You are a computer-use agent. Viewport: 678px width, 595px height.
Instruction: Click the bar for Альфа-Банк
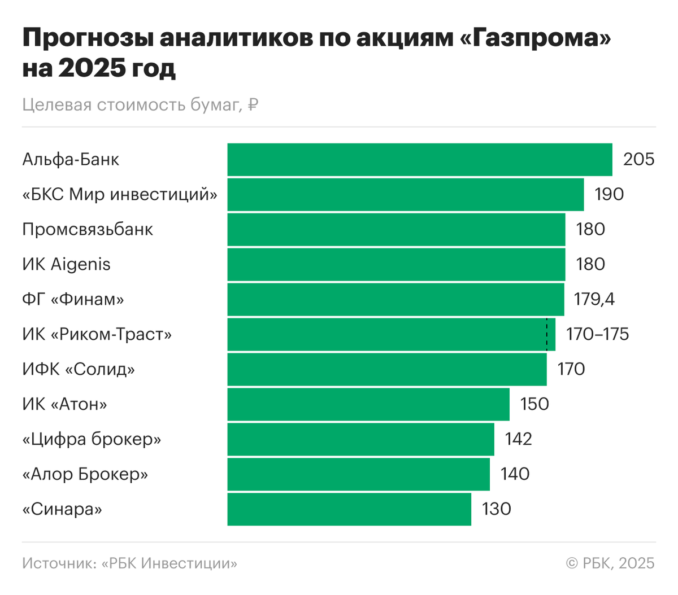[x=420, y=160]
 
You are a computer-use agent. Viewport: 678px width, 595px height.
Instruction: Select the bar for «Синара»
[x=349, y=509]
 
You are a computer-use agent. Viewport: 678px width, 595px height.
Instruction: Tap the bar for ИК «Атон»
[x=368, y=404]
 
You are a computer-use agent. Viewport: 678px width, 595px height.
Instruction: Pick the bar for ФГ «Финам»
[x=395, y=299]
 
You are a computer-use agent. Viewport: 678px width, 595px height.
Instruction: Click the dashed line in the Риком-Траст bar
[x=546, y=334]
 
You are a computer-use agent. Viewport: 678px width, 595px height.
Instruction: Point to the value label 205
[x=638, y=160]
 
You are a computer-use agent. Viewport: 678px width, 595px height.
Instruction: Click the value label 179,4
[x=594, y=299]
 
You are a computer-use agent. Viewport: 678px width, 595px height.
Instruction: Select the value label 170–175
[x=597, y=334]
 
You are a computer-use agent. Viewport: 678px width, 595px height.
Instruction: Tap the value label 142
[x=518, y=439]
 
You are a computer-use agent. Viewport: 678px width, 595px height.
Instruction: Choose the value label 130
[x=496, y=509]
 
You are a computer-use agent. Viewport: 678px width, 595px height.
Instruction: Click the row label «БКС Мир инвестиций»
[x=120, y=195]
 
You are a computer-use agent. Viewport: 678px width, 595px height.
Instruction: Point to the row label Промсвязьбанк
[x=88, y=230]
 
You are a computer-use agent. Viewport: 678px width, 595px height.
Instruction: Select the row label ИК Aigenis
[x=66, y=265]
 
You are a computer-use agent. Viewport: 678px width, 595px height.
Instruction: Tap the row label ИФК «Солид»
[x=79, y=369]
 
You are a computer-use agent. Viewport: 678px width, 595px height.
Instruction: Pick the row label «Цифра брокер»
[x=92, y=439]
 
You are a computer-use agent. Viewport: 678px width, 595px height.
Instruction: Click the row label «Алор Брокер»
[x=85, y=474]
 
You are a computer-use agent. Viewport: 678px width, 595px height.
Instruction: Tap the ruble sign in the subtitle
[x=253, y=105]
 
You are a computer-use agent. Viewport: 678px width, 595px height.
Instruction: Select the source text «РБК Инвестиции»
[x=169, y=563]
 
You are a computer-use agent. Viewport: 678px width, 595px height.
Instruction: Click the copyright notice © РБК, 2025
[x=610, y=563]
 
